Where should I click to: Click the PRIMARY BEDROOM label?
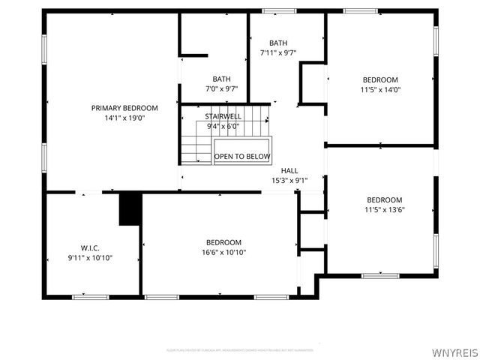pyautogui.click(x=124, y=108)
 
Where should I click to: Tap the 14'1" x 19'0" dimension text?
pyautogui.click(x=124, y=118)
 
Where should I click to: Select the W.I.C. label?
pyautogui.click(x=90, y=248)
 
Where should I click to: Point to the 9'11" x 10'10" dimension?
pyautogui.click(x=90, y=258)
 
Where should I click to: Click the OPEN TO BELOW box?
pyautogui.click(x=242, y=156)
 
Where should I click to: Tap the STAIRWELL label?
pyautogui.click(x=223, y=116)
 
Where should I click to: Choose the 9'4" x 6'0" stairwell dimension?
pyautogui.click(x=223, y=126)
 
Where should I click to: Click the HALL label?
pyautogui.click(x=289, y=170)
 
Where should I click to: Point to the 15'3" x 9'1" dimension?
pyautogui.click(x=289, y=180)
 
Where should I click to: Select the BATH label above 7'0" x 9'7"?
pyautogui.click(x=221, y=79)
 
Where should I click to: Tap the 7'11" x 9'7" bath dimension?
pyautogui.click(x=278, y=52)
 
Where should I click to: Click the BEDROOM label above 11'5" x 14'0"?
pyautogui.click(x=380, y=79)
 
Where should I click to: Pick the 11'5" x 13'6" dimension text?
pyautogui.click(x=384, y=210)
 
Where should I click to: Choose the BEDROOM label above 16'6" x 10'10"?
pyautogui.click(x=223, y=242)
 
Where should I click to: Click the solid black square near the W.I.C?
pyautogui.click(x=130, y=208)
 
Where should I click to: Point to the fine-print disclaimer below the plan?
pyautogui.click(x=240, y=350)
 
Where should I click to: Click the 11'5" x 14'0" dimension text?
pyautogui.click(x=380, y=89)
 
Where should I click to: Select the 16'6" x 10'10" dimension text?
pyautogui.click(x=223, y=252)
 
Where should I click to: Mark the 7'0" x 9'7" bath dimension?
pyautogui.click(x=221, y=88)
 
